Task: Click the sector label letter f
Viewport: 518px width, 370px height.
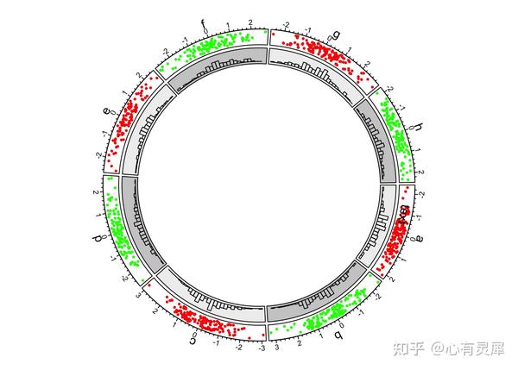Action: click(x=203, y=23)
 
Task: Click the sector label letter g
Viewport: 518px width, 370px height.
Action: click(x=337, y=34)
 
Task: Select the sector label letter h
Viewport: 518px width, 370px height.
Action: click(x=419, y=129)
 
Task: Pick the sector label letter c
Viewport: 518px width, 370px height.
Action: click(x=193, y=339)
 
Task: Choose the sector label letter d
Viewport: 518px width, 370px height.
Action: click(x=98, y=237)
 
